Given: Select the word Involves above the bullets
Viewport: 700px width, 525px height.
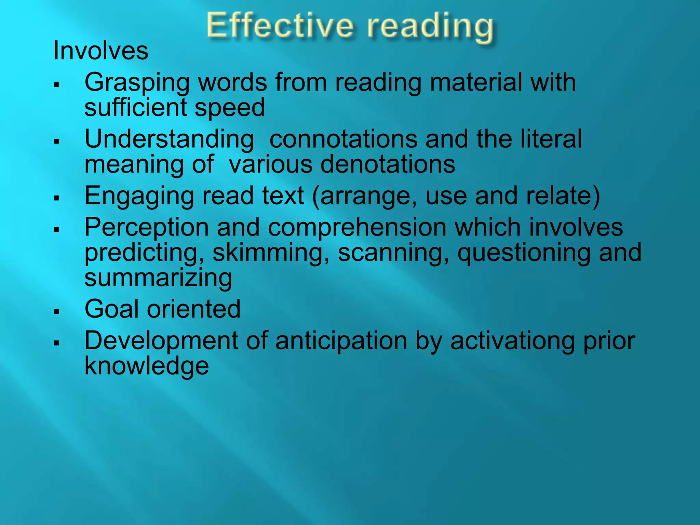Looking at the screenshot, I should click(101, 51).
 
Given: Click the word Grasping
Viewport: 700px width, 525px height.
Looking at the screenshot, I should click(137, 83).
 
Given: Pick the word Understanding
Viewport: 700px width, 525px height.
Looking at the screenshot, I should click(170, 140).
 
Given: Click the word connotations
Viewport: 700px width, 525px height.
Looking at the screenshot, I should click(343, 140).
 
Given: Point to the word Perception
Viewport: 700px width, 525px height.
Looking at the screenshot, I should click(147, 228).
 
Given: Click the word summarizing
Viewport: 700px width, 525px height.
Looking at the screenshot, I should click(158, 278).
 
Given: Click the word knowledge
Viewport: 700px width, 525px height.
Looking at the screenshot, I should click(147, 366).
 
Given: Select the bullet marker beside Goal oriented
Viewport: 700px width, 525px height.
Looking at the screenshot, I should click(57, 311).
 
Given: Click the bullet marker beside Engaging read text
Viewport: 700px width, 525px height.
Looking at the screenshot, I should click(57, 198).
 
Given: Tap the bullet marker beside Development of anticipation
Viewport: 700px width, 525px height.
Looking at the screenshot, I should click(57, 342).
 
